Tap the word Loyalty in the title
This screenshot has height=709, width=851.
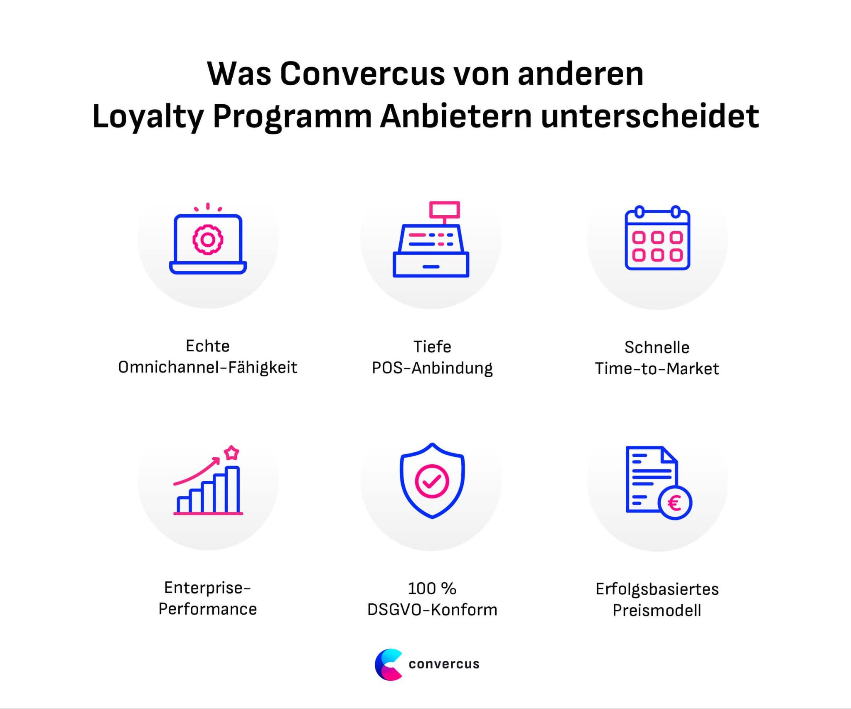pyautogui.click(x=148, y=117)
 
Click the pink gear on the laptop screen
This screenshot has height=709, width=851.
pyautogui.click(x=208, y=240)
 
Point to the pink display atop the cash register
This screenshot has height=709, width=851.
pyautogui.click(x=444, y=210)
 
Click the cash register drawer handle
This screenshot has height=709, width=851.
pyautogui.click(x=431, y=267)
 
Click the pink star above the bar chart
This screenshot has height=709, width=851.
pyautogui.click(x=231, y=453)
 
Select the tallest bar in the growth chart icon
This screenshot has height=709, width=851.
pyautogui.click(x=232, y=490)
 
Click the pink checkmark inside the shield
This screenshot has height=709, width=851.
pyautogui.click(x=432, y=481)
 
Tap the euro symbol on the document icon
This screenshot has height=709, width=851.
pyautogui.click(x=675, y=503)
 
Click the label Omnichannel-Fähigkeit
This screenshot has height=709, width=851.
pyautogui.click(x=208, y=368)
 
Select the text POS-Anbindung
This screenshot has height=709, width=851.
pyautogui.click(x=432, y=368)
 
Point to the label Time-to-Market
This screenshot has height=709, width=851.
pyautogui.click(x=657, y=369)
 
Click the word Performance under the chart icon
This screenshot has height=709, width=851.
pyautogui.click(x=208, y=609)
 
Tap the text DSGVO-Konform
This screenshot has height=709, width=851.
pyautogui.click(x=432, y=610)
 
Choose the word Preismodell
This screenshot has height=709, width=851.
pyautogui.click(x=657, y=611)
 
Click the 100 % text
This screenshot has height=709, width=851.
pyautogui.click(x=432, y=589)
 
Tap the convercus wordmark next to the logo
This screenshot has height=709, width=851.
pyautogui.click(x=444, y=664)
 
